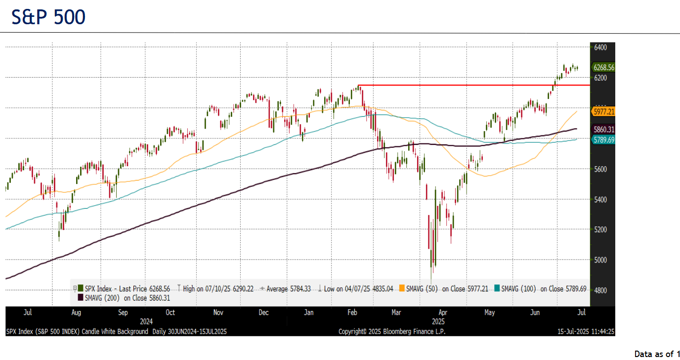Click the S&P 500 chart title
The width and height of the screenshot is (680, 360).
48,17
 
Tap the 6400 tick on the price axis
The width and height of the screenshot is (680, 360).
600,47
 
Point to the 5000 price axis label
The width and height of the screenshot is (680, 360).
600,260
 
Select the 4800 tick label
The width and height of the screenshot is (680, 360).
600,290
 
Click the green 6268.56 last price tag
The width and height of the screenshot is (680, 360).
603,68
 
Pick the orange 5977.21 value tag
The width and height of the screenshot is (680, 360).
603,112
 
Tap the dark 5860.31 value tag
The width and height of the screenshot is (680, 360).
603,130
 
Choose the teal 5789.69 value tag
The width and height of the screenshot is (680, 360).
603,140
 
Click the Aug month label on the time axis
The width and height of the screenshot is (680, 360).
76,313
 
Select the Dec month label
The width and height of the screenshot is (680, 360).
264,313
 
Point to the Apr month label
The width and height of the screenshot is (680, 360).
443,313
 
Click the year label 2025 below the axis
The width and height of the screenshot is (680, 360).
438,321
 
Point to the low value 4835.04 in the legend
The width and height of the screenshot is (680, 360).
378,289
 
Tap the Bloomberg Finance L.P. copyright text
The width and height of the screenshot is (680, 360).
392,332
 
